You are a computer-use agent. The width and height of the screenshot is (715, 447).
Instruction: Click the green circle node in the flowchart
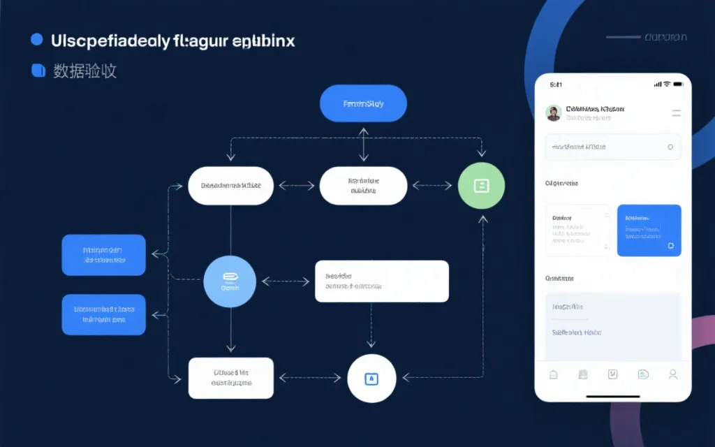tap(481, 186)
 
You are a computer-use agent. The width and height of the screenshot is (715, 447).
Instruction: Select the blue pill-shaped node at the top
tap(363, 103)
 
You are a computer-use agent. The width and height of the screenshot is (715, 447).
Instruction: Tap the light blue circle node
tap(230, 281)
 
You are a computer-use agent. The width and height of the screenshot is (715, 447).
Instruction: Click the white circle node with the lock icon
tap(371, 379)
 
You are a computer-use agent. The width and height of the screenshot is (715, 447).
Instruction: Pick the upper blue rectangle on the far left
tap(103, 255)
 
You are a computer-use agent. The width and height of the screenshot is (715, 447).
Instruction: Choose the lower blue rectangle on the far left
tap(103, 314)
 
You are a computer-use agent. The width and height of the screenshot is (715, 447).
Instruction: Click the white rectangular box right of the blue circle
tap(381, 281)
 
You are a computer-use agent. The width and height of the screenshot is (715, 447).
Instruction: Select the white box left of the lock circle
tap(230, 379)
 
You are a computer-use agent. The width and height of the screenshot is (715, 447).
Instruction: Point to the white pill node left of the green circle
tap(363, 186)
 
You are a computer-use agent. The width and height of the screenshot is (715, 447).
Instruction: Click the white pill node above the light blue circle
tap(230, 186)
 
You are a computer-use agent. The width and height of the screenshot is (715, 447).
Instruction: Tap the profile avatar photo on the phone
tap(554, 113)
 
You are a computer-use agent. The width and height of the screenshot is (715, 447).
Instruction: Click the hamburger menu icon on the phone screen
tap(676, 112)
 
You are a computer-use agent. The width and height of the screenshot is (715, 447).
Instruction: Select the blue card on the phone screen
tap(649, 230)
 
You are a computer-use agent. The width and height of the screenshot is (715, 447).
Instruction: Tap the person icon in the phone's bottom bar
tap(672, 374)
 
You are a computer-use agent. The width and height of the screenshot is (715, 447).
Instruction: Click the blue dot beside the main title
tap(37, 40)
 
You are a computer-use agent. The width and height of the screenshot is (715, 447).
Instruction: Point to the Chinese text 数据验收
tap(84, 71)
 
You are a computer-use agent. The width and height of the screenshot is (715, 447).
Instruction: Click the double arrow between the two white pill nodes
tap(296, 186)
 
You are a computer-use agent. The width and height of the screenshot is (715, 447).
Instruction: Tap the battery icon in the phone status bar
tap(677, 84)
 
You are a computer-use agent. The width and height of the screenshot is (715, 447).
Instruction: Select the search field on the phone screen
tap(612, 147)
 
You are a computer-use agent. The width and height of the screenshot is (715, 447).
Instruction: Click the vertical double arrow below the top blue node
tap(363, 145)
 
